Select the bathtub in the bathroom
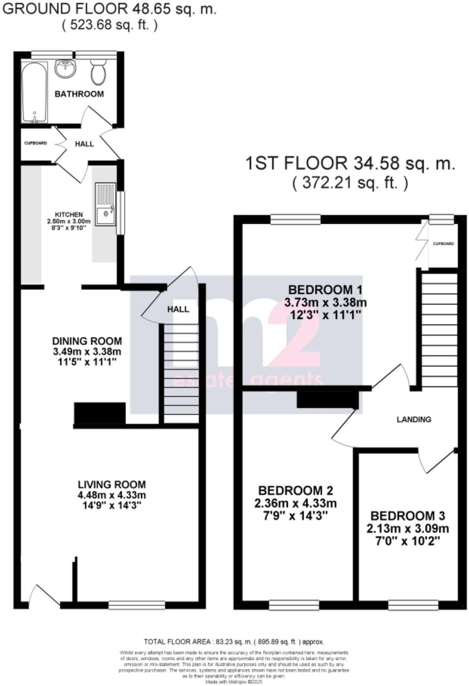click(34, 93)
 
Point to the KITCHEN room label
click(69, 214)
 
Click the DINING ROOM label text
click(87, 341)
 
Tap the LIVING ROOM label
click(112, 484)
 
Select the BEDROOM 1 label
click(325, 289)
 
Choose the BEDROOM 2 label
click(295, 490)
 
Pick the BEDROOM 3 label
click(408, 516)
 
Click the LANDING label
click(414, 419)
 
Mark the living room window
click(137, 605)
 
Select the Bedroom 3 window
click(413, 605)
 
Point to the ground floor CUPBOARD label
click(35, 143)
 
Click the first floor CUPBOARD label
click(443, 244)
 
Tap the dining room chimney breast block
click(100, 413)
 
